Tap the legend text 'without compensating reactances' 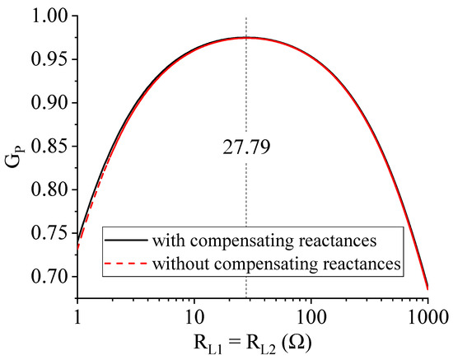click(x=272, y=264)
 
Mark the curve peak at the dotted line click(x=246, y=37)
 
